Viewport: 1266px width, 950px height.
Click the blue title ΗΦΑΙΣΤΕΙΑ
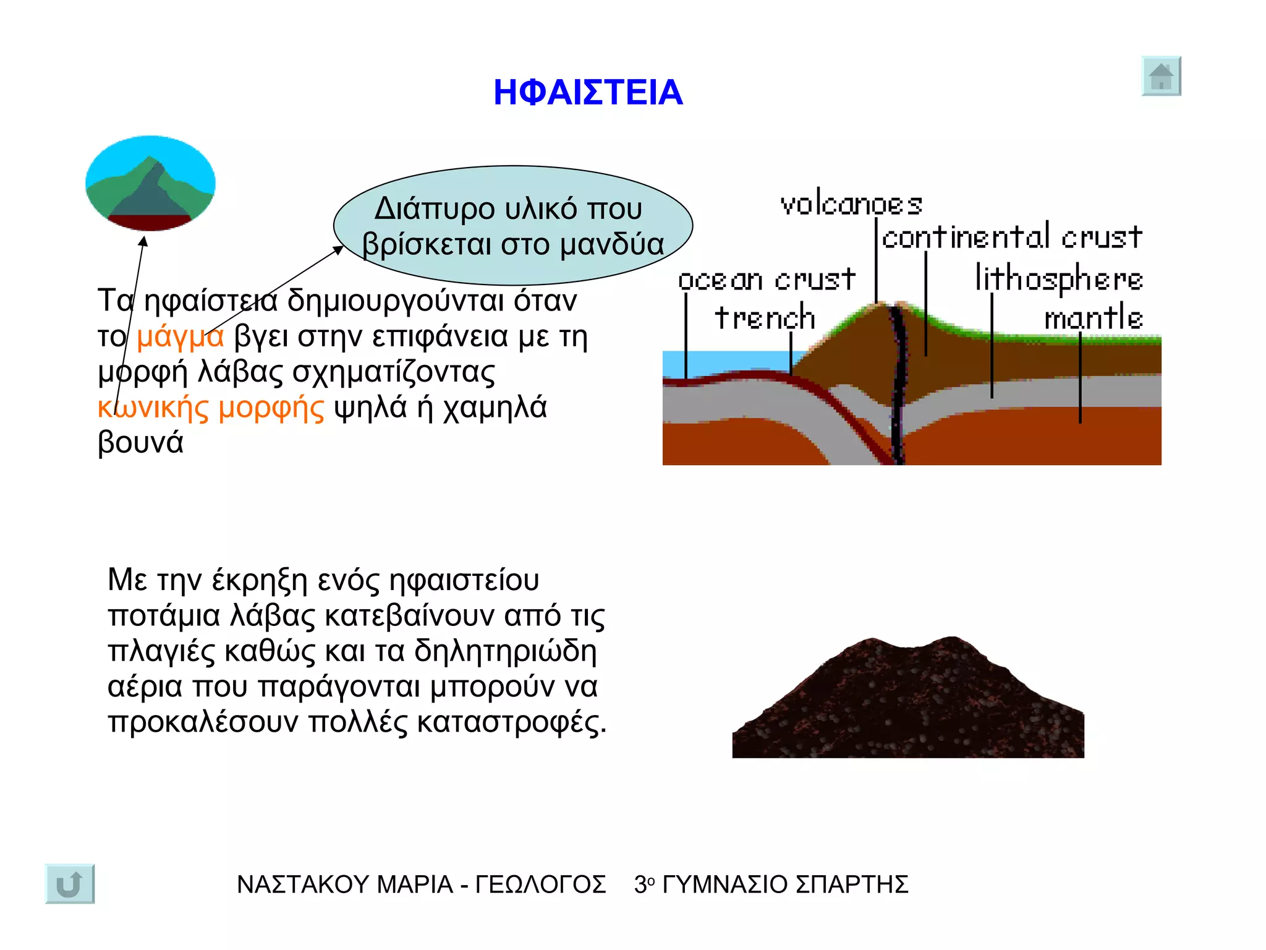[x=588, y=93]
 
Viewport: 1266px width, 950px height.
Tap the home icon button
[x=1161, y=77]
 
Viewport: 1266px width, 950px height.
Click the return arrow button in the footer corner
[x=70, y=884]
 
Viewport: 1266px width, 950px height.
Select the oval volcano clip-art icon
[x=150, y=184]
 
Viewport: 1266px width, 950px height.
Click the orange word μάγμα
[x=180, y=337]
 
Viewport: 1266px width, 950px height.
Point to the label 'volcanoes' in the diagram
[x=851, y=205]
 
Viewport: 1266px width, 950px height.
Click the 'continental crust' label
[x=1012, y=237]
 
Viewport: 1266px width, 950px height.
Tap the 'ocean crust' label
[x=767, y=280]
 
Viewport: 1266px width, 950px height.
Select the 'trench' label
[x=765, y=318]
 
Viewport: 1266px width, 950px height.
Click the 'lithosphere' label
[x=1059, y=278]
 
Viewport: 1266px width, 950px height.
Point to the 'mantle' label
[x=1094, y=318]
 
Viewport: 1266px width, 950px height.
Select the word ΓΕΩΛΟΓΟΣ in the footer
[x=540, y=885]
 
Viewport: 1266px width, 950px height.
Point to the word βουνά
[x=141, y=443]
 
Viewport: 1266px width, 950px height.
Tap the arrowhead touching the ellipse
[x=339, y=249]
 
